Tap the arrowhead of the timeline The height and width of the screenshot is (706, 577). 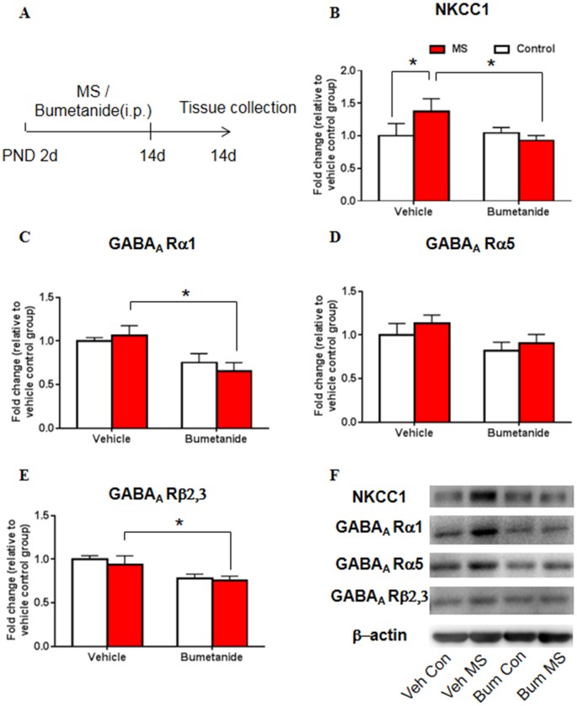pos(226,130)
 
